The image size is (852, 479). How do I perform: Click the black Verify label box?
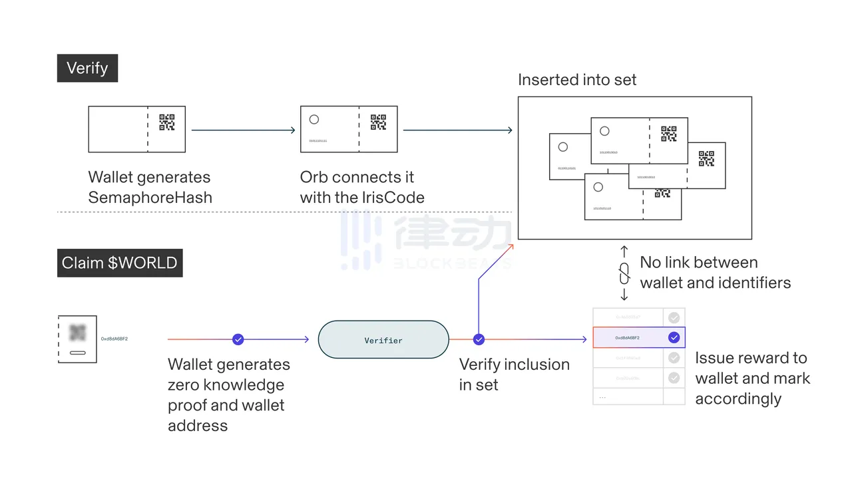pos(87,69)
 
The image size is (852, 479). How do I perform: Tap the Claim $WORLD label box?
pos(120,263)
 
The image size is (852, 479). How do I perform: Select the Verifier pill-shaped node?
pos(383,340)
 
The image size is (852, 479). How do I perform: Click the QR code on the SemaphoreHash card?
pos(167,122)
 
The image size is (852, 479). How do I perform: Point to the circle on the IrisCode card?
pos(314,120)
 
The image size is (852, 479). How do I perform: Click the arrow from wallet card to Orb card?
pos(243,130)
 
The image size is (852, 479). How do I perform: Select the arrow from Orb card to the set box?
pos(458,130)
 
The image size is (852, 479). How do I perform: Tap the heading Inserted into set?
pos(577,80)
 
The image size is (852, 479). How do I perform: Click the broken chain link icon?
pos(624,273)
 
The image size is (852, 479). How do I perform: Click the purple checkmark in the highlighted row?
pos(674,337)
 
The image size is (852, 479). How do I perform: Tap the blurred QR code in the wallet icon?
pos(78,333)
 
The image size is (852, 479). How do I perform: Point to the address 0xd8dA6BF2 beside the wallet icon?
pos(114,339)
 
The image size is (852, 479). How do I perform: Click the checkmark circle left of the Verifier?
pos(238,339)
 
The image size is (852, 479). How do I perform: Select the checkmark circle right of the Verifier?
pos(479,339)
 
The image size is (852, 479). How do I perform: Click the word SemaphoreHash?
pos(150,198)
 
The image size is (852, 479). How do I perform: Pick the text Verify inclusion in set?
pos(514,374)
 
